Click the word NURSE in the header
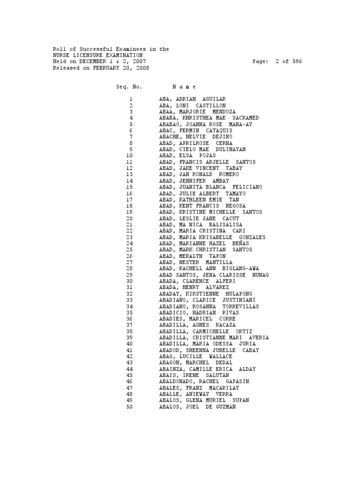coord(61,55)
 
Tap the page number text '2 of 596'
coord(288,61)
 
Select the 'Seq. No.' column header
coord(129,87)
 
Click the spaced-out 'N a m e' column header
coord(184,87)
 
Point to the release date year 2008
coord(142,68)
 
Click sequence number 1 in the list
coord(131,99)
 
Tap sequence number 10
coord(129,156)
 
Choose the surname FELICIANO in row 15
coord(246,187)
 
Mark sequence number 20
coord(129,218)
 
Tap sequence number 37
coord(129,325)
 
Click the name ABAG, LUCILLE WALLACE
coord(195,356)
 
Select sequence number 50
coord(129,406)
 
